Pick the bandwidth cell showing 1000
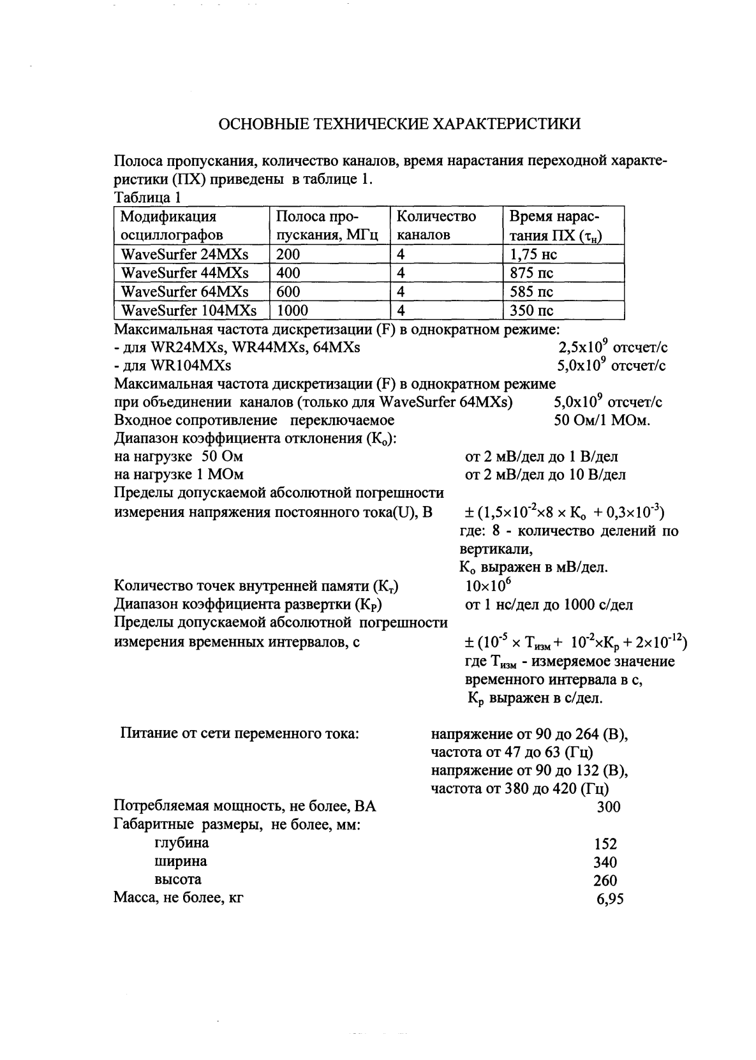click(293, 311)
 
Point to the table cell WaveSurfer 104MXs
click(189, 311)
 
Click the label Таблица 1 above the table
click(147, 197)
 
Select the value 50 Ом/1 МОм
click(602, 421)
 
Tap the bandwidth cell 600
click(288, 292)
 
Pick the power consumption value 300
click(608, 807)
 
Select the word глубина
click(181, 843)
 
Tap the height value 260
click(605, 881)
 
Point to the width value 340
click(605, 862)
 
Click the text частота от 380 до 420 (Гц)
click(520, 789)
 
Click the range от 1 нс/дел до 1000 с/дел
click(549, 604)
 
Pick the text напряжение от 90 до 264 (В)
click(530, 734)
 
